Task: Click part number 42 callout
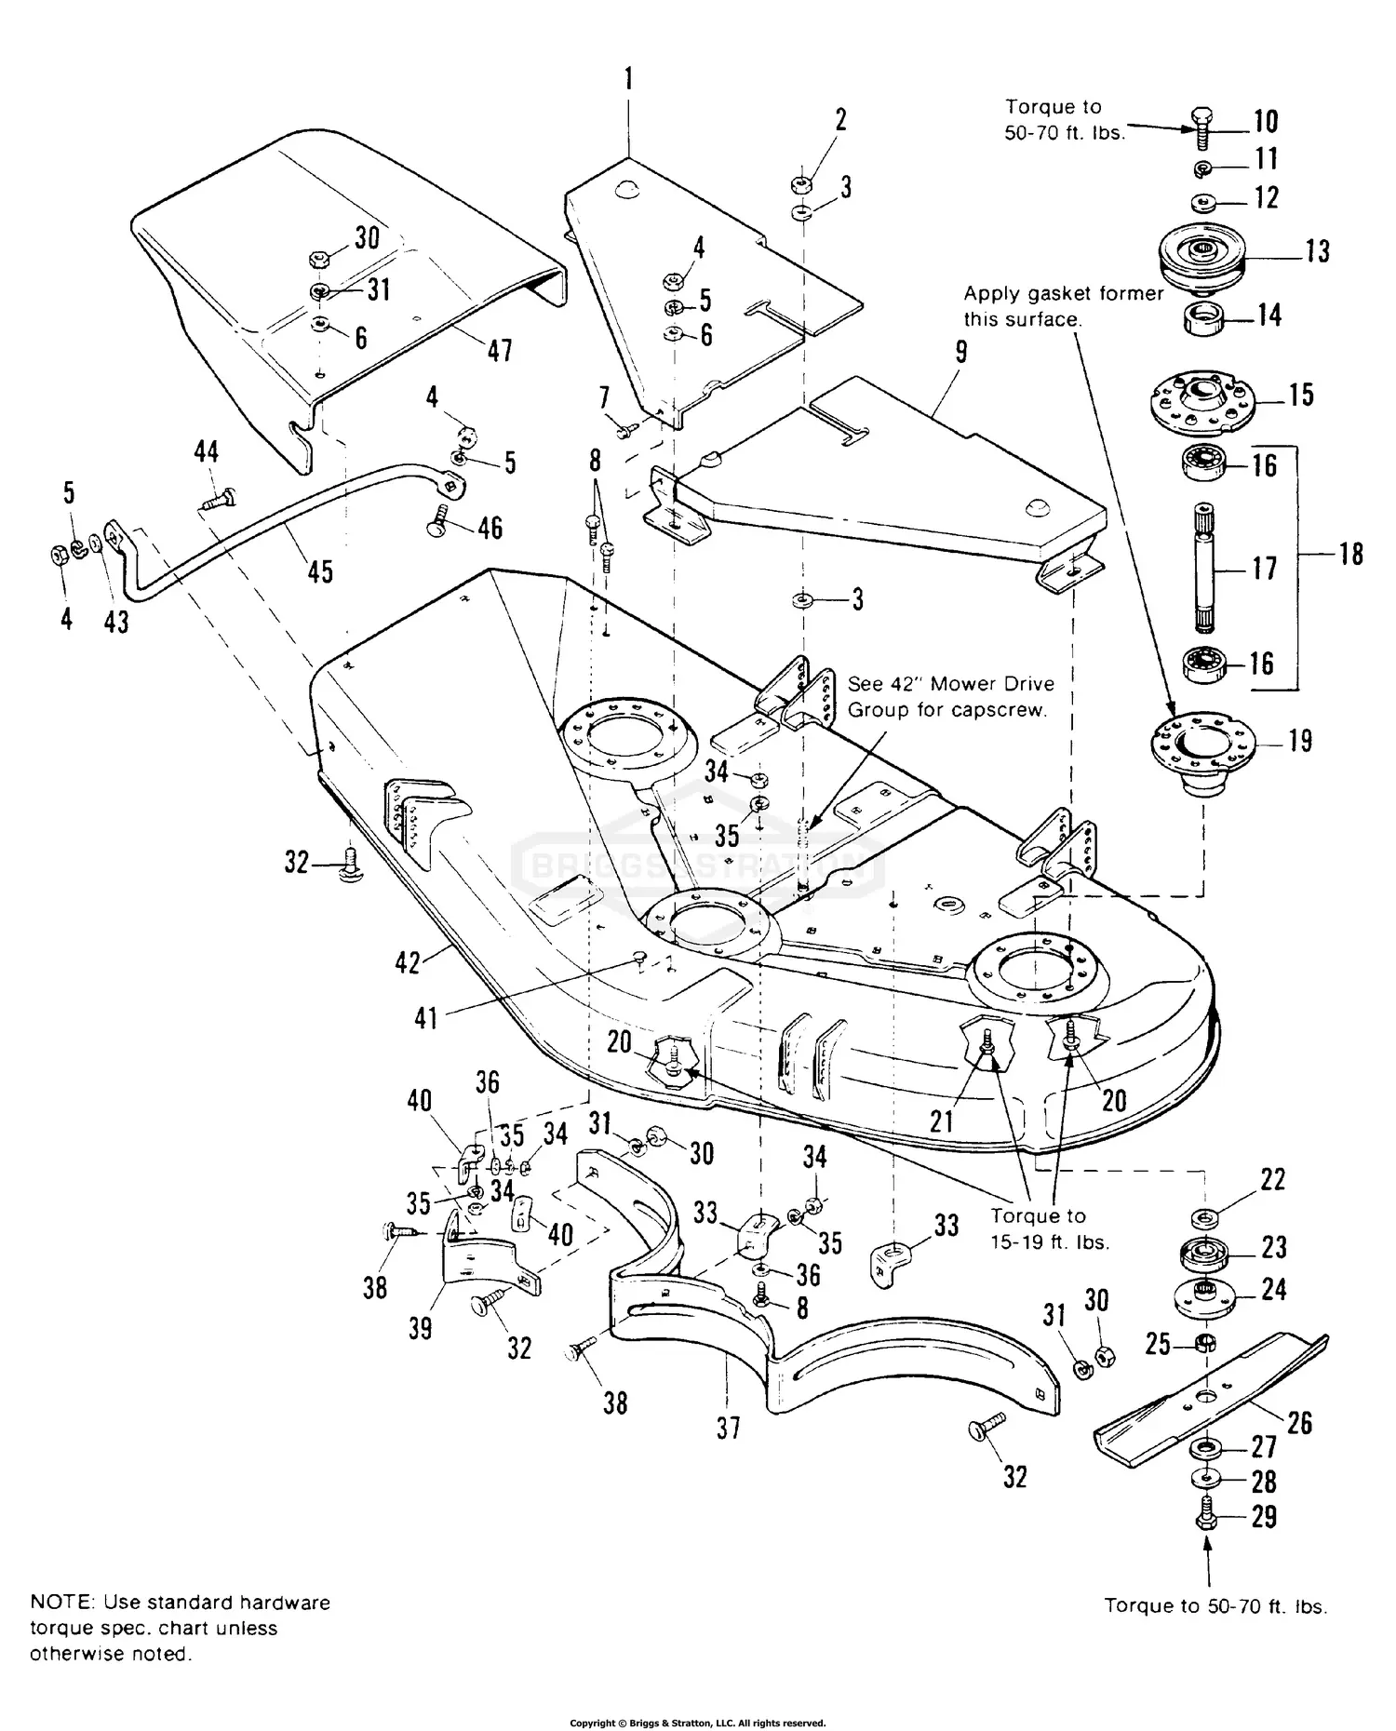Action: (408, 961)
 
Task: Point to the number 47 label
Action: (500, 350)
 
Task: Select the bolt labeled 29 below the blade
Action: (1207, 1516)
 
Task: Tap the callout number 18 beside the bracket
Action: (1350, 554)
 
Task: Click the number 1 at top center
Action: (628, 79)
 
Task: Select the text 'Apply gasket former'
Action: (1064, 294)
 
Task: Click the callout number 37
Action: (729, 1427)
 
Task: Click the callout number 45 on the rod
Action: (319, 570)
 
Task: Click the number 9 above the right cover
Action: (961, 352)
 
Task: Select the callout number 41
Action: (425, 1017)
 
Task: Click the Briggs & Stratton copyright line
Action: (697, 1723)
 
